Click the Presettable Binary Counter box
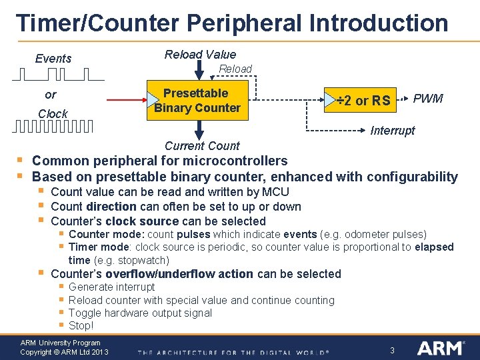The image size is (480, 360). pos(197,101)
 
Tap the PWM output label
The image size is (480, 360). pos(428,99)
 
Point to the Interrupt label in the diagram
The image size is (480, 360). pos(392,131)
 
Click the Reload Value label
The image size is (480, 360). pos(200,55)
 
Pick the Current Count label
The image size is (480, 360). pos(202,145)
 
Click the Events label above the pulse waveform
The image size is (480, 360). pos(53,59)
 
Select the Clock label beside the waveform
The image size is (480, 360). pos(53,114)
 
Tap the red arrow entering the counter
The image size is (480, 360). pos(127,101)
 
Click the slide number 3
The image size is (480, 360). pos(393,350)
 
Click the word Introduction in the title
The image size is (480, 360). pos(379,23)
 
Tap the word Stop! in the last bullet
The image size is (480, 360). pos(81,325)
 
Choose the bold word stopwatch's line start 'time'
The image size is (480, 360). pos(79,260)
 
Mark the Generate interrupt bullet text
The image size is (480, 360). pos(111,287)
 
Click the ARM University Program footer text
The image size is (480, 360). pos(60,343)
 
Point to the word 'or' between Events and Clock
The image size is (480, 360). pos(51,95)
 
